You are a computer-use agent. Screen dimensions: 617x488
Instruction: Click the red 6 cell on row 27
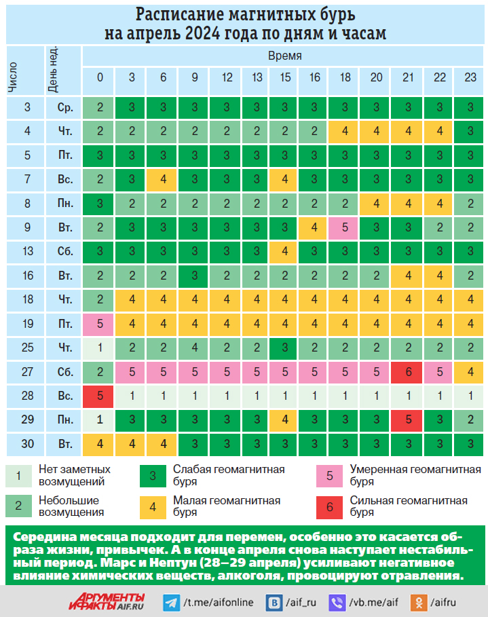coord(408,371)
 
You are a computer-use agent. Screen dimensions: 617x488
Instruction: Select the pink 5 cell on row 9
coord(345,227)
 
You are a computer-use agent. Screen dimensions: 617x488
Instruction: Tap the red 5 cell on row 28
coord(100,396)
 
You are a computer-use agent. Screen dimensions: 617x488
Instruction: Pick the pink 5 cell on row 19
coord(100,324)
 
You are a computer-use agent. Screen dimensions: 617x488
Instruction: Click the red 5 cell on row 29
coord(408,419)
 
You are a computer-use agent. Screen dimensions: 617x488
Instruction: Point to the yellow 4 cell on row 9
coord(314,227)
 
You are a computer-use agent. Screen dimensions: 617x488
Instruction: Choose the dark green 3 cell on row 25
coord(282,348)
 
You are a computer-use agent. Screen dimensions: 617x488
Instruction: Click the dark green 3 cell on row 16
coord(194,276)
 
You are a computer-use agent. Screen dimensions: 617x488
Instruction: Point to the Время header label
coord(284,56)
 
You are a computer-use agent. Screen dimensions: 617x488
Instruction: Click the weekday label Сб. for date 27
coord(65,371)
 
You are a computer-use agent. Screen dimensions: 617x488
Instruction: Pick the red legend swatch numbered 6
coord(329,507)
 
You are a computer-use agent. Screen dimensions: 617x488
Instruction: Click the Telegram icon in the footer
coord(172,601)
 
